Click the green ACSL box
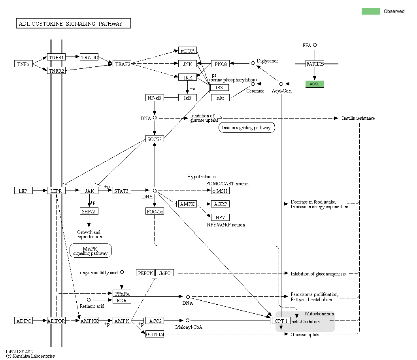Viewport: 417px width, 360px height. [315, 84]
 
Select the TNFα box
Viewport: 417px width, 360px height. [23, 64]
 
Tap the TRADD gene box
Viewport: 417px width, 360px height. [89, 57]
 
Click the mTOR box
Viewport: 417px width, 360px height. [187, 51]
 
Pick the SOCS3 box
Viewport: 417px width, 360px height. [155, 139]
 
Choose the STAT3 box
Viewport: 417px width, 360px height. [122, 191]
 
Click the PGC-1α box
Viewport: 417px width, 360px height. [155, 211]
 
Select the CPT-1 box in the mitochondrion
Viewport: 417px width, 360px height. [281, 320]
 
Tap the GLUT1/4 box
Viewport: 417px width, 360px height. [155, 334]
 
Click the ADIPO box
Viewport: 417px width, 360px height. [24, 320]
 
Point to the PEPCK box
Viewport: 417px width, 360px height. [145, 273]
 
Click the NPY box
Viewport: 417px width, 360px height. [220, 217]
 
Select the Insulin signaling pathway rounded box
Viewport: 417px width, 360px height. [246, 128]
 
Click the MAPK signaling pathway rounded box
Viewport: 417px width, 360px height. [91, 251]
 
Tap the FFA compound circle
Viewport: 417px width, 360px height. [315, 45]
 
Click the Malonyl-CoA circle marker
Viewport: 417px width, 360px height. [188, 320]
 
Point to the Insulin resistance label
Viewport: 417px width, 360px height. [358, 118]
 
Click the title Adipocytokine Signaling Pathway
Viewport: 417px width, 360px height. [74, 24]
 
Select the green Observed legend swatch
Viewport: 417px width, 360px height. [370, 11]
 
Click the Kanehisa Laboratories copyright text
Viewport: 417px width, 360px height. [30, 356]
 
